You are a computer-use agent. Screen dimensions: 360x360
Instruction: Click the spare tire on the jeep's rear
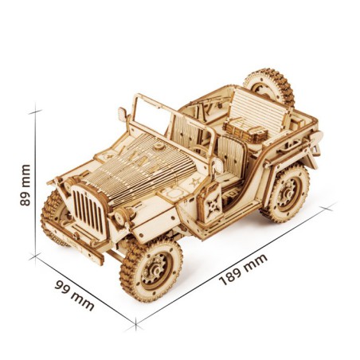click(268, 87)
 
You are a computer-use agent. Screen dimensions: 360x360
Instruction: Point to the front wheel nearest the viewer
click(152, 267)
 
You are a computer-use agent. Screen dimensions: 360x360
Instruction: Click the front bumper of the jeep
click(76, 239)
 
